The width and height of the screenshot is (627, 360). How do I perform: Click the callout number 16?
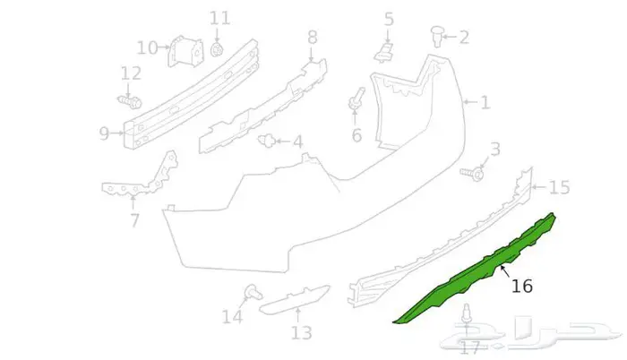click(x=522, y=287)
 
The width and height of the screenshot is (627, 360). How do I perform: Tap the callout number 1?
click(x=485, y=103)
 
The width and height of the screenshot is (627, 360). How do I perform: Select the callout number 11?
click(x=219, y=17)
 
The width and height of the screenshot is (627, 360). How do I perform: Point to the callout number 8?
click(x=312, y=38)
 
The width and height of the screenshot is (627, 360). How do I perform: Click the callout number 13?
click(x=301, y=333)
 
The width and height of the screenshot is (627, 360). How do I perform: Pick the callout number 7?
click(x=134, y=220)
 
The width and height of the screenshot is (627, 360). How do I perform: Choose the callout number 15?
click(x=559, y=187)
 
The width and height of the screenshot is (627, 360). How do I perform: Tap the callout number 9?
click(x=105, y=134)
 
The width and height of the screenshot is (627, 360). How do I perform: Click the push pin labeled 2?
click(x=437, y=36)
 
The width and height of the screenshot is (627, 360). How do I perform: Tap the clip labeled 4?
click(x=266, y=140)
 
